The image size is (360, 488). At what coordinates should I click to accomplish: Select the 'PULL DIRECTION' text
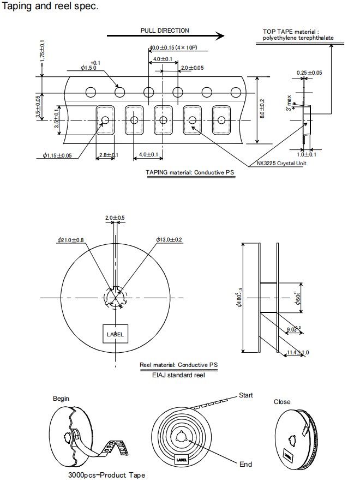click(x=165, y=31)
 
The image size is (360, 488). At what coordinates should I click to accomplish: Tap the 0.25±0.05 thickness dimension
click(x=309, y=73)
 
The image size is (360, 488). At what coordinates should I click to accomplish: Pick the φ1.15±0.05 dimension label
click(x=57, y=155)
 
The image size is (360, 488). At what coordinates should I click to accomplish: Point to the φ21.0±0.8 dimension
click(x=70, y=240)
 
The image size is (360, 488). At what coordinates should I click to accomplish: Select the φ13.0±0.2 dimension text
click(x=169, y=240)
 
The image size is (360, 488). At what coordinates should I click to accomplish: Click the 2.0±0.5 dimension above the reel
click(x=115, y=218)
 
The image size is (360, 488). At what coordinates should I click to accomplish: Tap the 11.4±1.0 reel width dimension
click(x=298, y=353)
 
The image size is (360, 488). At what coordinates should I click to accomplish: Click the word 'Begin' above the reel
click(x=61, y=399)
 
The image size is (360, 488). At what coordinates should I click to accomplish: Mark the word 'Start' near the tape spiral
click(x=245, y=395)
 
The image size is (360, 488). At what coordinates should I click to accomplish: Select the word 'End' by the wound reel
click(x=245, y=464)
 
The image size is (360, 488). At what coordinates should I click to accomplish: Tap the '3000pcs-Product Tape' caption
click(x=106, y=475)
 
